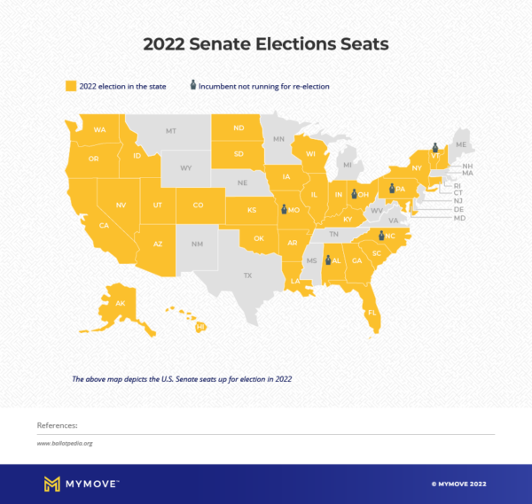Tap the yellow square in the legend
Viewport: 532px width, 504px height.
pos(70,86)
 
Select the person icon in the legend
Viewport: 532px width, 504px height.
pos(192,86)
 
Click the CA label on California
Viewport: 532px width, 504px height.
pos(104,225)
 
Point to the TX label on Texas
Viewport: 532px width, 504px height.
pos(247,275)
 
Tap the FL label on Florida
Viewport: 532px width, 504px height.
pos(372,313)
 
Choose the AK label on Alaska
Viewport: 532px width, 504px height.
pos(121,303)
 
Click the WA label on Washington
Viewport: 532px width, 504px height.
pos(99,130)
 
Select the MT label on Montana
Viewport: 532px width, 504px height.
pos(171,131)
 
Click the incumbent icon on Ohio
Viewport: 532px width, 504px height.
pos(353,194)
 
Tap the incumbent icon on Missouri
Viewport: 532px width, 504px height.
pos(284,210)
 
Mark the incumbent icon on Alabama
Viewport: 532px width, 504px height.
pos(328,260)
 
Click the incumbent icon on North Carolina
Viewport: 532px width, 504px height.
pos(381,235)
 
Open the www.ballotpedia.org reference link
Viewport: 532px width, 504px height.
pos(65,443)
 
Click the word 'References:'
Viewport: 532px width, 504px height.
pos(57,425)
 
